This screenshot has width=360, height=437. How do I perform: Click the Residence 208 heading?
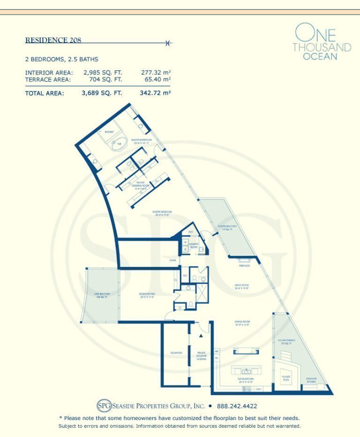[53, 40]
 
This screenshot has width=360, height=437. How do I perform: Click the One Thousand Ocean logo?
[322, 43]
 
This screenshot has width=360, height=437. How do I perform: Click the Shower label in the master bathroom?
[103, 132]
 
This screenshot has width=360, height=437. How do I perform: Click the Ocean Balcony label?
[227, 227]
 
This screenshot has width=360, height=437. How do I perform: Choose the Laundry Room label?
[194, 244]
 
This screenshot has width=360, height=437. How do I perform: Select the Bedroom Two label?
[147, 295]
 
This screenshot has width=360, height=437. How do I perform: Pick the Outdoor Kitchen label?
[311, 379]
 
